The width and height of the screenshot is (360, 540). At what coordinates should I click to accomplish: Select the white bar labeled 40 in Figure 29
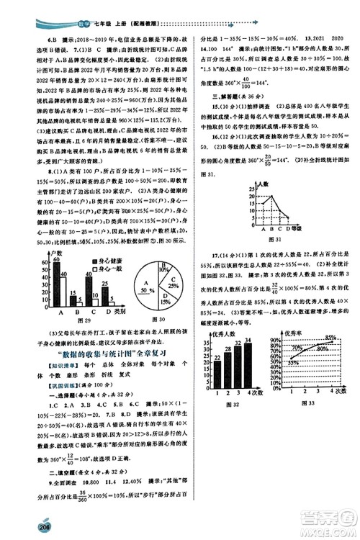[x=63, y=292]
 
